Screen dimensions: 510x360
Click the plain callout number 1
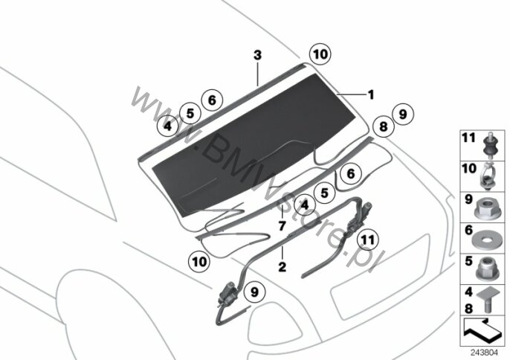pos(371,94)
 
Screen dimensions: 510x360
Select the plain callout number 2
pos(283,267)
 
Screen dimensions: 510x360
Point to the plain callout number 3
pos(257,55)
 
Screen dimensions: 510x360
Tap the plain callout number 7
pos(282,225)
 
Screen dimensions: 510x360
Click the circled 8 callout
pos(384,126)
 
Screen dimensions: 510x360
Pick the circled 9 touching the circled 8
pos(403,115)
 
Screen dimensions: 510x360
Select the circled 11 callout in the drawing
pos(368,240)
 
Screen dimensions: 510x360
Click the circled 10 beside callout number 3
pos(320,54)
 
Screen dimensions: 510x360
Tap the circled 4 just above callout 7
pos(305,205)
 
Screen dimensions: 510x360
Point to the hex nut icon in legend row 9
pos(486,208)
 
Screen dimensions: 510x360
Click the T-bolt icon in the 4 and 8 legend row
pos(488,300)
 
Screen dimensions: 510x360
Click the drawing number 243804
pos(485,353)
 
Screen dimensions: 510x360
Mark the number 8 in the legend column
pos(468,308)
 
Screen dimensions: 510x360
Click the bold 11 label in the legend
pos(468,138)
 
